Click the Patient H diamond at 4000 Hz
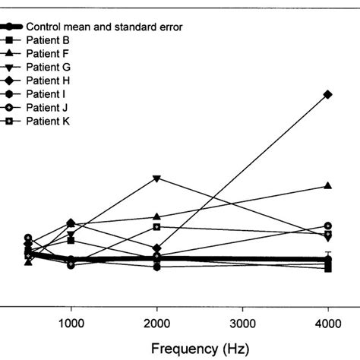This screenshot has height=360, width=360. (328, 94)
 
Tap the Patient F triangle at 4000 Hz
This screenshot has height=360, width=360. (328, 185)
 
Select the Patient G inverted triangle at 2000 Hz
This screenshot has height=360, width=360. (156, 178)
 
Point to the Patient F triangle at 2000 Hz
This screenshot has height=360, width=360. (156, 216)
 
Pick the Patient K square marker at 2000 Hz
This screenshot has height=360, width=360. (156, 226)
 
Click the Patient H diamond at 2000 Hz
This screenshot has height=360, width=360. (156, 248)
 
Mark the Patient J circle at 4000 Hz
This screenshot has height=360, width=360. (328, 226)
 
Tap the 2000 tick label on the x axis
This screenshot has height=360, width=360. (156, 322)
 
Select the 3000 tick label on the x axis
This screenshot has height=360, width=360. (242, 322)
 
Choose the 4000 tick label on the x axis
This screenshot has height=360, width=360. (328, 322)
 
